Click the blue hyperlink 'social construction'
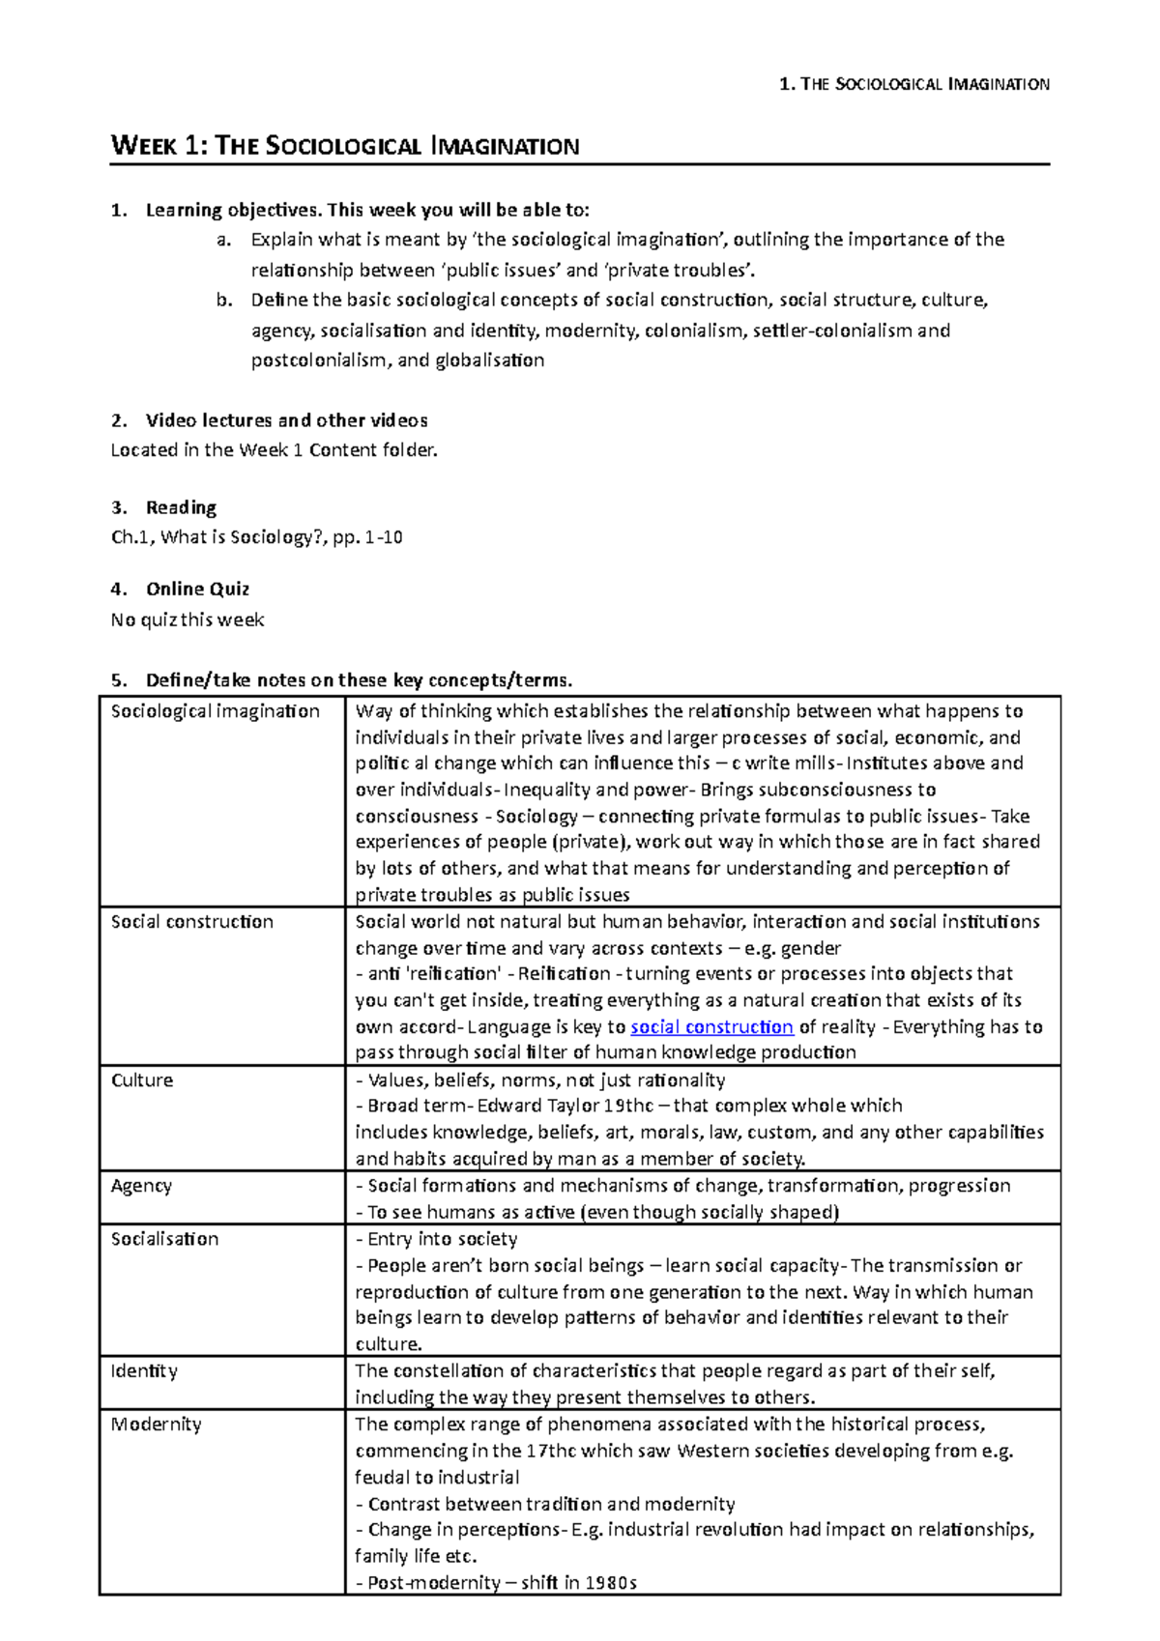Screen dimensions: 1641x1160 [x=711, y=1026]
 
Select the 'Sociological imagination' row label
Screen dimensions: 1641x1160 [x=215, y=711]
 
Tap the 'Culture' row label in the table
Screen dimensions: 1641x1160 [x=142, y=1080]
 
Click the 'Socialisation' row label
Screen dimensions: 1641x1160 [x=164, y=1239]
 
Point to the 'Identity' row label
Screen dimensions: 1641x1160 [x=144, y=1371]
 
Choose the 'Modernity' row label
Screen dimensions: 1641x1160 [x=156, y=1425]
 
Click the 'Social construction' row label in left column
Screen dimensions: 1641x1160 [x=192, y=922]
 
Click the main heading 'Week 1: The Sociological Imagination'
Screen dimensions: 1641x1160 [x=345, y=147]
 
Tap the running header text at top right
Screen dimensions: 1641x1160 [x=913, y=85]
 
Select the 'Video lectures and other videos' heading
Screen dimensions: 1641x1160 [x=286, y=420]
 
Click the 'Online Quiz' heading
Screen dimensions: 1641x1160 [x=197, y=590]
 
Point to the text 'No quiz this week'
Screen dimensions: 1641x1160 [x=188, y=620]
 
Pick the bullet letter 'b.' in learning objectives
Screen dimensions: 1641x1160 [x=224, y=301]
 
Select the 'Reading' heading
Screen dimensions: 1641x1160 [x=181, y=508]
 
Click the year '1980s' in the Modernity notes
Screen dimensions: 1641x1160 [x=610, y=1583]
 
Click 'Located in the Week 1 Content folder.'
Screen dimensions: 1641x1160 [x=275, y=450]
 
